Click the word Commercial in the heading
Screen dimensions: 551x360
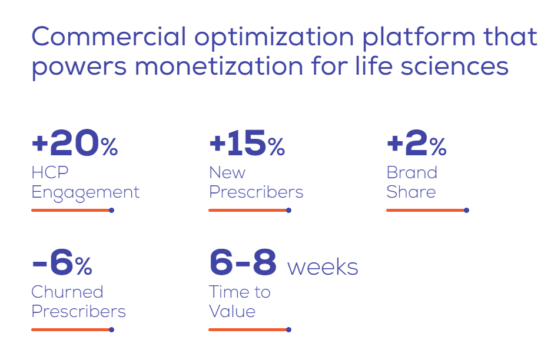(x=108, y=36)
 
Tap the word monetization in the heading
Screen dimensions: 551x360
(x=218, y=66)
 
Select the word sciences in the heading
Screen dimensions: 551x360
(x=454, y=66)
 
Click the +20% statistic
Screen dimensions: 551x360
(x=75, y=143)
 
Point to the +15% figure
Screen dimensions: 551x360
(x=247, y=143)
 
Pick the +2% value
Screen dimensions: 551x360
(x=416, y=143)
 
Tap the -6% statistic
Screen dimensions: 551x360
(x=62, y=262)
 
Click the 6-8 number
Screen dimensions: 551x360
(x=243, y=262)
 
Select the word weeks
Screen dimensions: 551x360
(x=323, y=267)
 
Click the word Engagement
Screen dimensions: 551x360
(x=85, y=193)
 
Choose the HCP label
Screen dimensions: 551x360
(x=50, y=172)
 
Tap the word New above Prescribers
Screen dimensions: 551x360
(x=227, y=172)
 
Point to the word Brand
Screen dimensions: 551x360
(x=412, y=172)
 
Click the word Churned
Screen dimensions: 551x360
(x=67, y=292)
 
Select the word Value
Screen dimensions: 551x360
(x=232, y=311)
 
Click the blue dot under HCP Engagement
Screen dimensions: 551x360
(x=111, y=211)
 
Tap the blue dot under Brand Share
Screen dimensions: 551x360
(x=466, y=211)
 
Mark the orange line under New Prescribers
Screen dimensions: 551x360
(x=247, y=211)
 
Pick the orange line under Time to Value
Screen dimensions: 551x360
(x=247, y=330)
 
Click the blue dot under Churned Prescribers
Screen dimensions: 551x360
(x=111, y=330)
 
